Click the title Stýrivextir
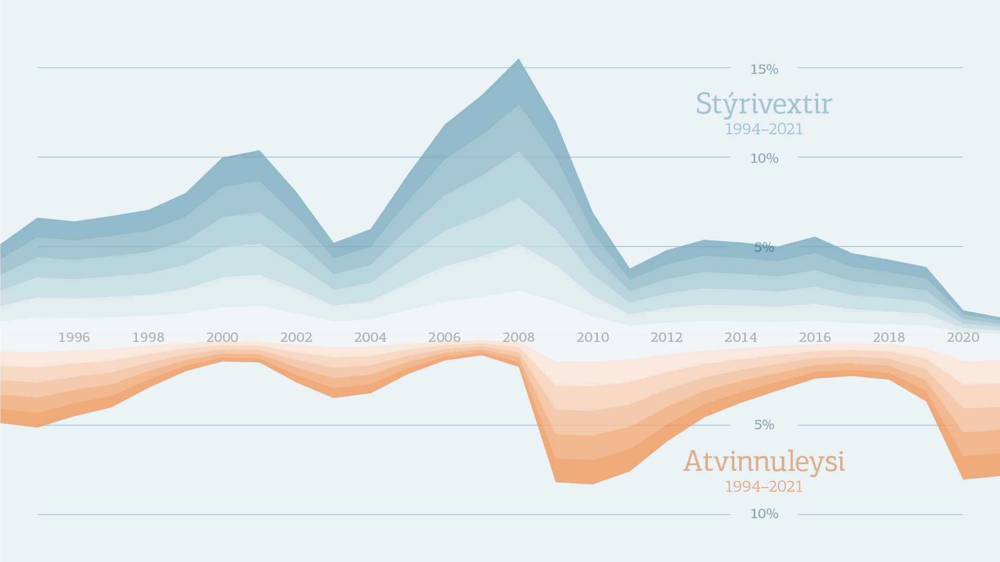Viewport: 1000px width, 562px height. pyautogui.click(x=764, y=104)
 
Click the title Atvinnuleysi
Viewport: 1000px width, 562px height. pyautogui.click(x=764, y=462)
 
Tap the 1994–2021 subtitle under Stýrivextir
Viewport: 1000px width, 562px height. pyautogui.click(x=764, y=129)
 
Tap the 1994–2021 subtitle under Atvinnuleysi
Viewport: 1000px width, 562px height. pyautogui.click(x=764, y=487)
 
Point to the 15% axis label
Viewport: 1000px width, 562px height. pyautogui.click(x=764, y=69)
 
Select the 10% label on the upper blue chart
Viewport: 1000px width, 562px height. pyautogui.click(x=764, y=158)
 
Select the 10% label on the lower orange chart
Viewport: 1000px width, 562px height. pyautogui.click(x=764, y=514)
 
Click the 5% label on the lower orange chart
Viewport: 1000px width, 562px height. pyautogui.click(x=764, y=425)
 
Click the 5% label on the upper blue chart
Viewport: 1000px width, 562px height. pyautogui.click(x=764, y=247)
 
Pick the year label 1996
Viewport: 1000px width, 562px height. pyautogui.click(x=74, y=338)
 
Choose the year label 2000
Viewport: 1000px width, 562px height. pyautogui.click(x=222, y=338)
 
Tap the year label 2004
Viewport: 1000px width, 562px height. pyautogui.click(x=370, y=338)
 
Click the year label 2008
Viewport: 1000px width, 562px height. pyautogui.click(x=518, y=338)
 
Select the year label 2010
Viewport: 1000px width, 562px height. pyautogui.click(x=592, y=338)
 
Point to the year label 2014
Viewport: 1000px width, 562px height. pyautogui.click(x=741, y=338)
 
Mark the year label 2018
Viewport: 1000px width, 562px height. pyautogui.click(x=889, y=338)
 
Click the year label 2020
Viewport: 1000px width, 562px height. pyautogui.click(x=963, y=338)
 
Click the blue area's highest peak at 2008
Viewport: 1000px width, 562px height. pyautogui.click(x=519, y=60)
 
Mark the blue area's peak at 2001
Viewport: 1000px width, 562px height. pyautogui.click(x=259, y=151)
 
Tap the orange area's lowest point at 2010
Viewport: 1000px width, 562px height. pyautogui.click(x=592, y=483)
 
